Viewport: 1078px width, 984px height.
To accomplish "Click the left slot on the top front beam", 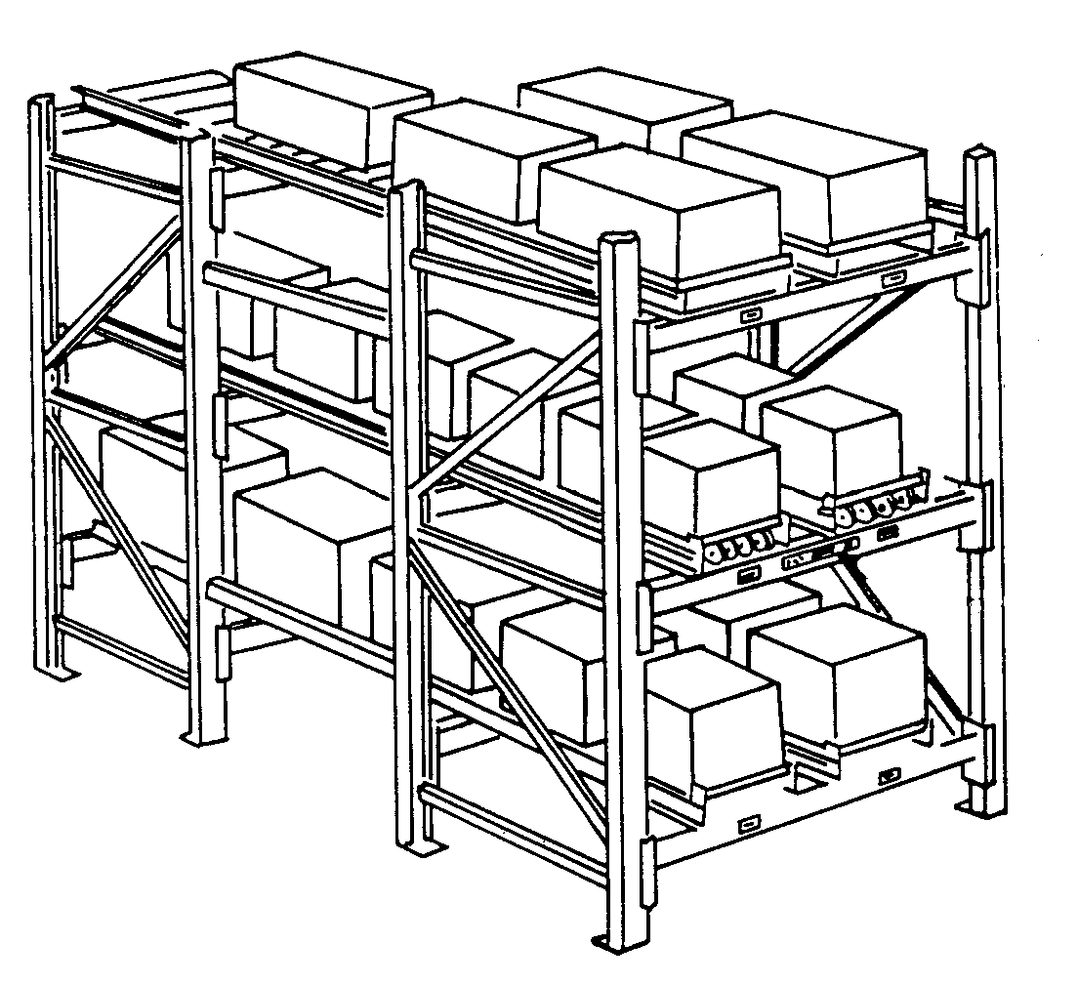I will [x=750, y=315].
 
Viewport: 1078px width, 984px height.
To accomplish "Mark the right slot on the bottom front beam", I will [x=888, y=775].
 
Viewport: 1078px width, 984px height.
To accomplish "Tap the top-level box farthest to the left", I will [x=332, y=107].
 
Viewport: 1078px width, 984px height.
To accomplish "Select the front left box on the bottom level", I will [x=713, y=717].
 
